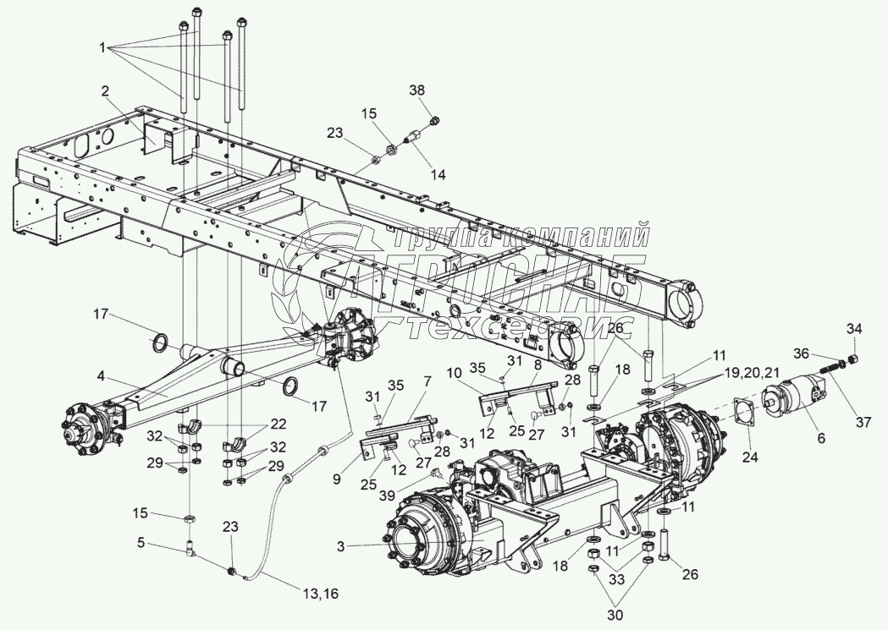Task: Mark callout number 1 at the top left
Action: [x=104, y=48]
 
